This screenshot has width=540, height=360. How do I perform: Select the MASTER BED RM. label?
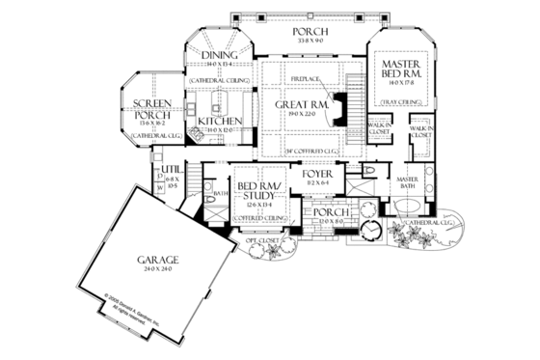click(x=398, y=69)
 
